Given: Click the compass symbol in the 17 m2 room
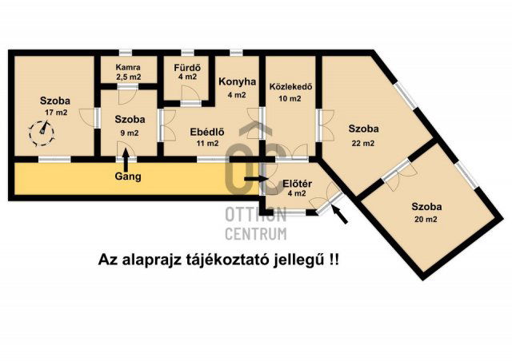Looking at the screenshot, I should point(38,131).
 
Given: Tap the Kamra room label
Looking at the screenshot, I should point(127,67).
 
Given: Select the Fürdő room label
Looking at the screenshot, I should point(187,67).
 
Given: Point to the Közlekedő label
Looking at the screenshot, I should point(285,87).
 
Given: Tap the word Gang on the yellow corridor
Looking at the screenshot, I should point(127,177).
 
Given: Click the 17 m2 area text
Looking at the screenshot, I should point(56,113).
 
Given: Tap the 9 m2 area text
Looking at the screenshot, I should point(129,133).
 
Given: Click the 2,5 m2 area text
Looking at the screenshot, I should point(127,78).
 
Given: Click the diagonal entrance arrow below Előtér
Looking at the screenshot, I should point(339,213).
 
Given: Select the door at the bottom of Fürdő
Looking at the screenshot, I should point(190,101).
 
